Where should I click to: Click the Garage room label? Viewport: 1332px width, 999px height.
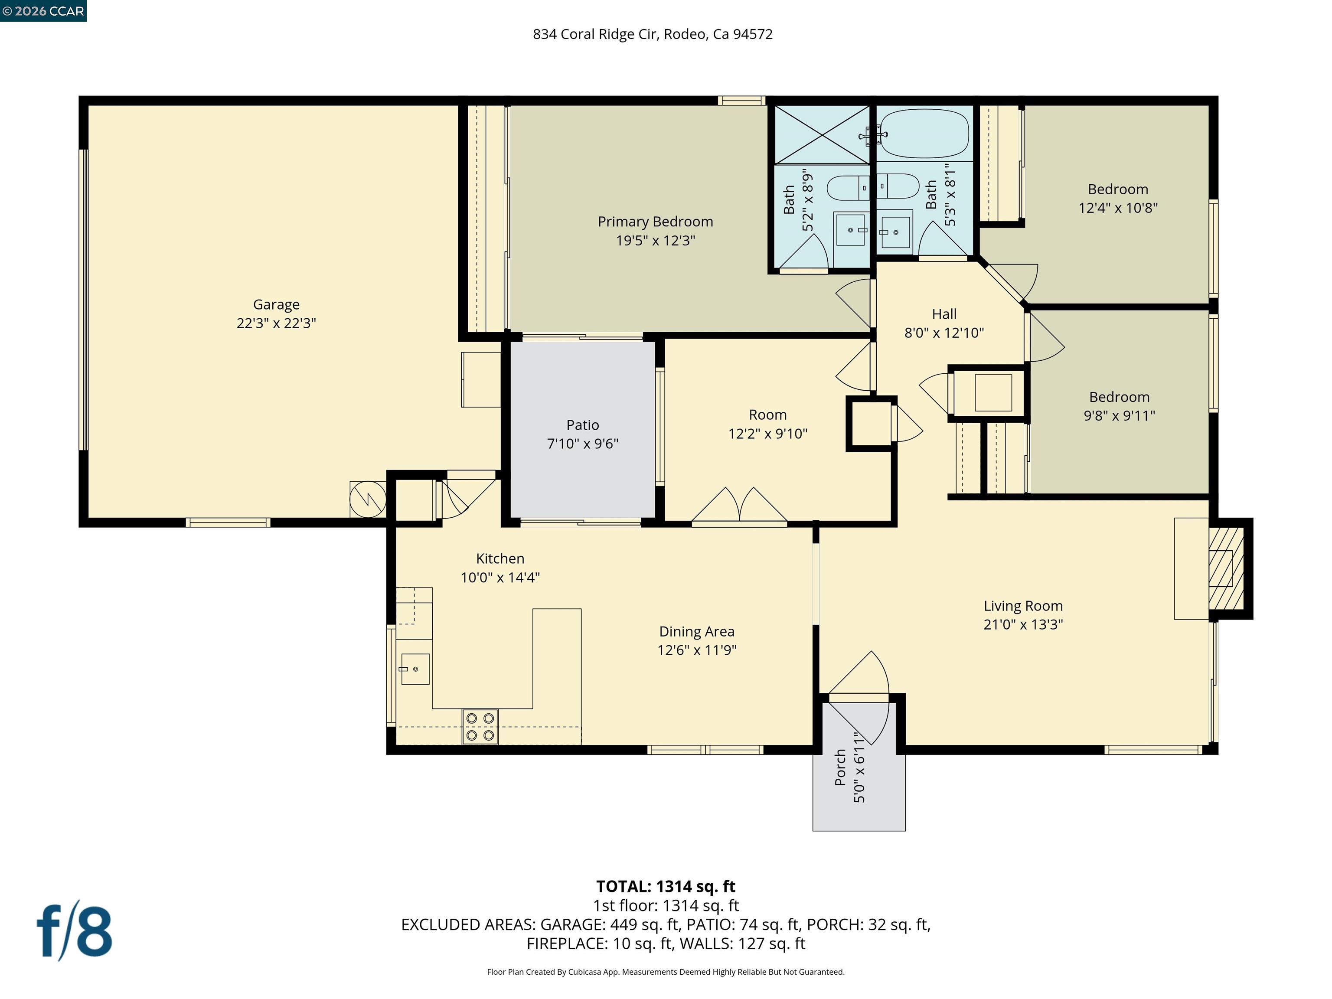coord(276,305)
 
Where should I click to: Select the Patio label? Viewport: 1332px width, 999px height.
coord(582,425)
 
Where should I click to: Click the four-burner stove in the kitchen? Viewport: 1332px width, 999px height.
coord(480,726)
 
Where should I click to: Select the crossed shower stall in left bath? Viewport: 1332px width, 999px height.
coord(822,135)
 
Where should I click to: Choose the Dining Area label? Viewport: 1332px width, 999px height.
coord(697,632)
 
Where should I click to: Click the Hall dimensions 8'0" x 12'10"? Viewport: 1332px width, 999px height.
coord(944,333)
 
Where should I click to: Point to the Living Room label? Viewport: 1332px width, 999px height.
coord(1023,606)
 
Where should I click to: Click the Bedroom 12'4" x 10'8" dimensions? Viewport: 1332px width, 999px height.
coord(1118,208)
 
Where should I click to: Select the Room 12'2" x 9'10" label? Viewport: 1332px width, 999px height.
coord(768,415)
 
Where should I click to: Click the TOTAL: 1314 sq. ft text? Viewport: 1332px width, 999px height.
coord(666,886)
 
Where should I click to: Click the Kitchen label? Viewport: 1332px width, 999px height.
coord(500,559)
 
